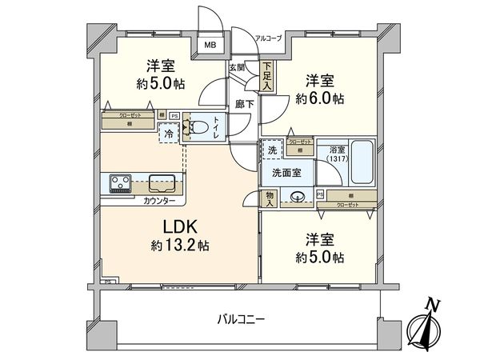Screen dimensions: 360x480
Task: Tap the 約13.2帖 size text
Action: click(x=181, y=247)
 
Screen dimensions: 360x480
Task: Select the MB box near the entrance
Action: click(x=212, y=46)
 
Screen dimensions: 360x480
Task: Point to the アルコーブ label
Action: click(x=268, y=38)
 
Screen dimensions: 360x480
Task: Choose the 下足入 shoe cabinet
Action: click(x=266, y=76)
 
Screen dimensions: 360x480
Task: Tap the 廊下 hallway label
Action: click(x=244, y=103)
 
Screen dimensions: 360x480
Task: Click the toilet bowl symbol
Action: click(x=200, y=127)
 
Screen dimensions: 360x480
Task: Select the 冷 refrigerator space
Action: click(x=169, y=134)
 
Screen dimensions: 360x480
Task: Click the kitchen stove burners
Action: click(x=122, y=183)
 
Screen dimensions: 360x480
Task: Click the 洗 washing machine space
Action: click(x=273, y=151)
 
